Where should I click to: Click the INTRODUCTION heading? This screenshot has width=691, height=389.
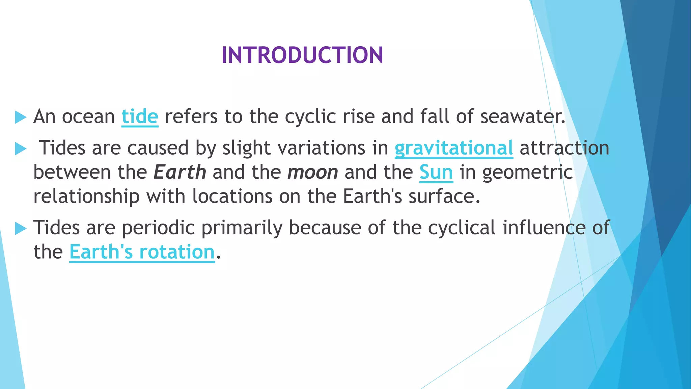(x=302, y=55)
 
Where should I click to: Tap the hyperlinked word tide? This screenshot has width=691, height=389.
(x=140, y=117)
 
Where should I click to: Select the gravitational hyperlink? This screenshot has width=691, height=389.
(x=453, y=148)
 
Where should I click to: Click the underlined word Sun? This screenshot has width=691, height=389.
(x=436, y=172)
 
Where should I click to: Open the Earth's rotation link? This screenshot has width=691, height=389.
(x=142, y=252)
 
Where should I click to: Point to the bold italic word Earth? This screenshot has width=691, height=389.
(x=179, y=172)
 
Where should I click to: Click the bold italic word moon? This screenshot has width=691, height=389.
(x=312, y=172)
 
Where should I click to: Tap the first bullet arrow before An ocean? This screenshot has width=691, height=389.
(x=21, y=118)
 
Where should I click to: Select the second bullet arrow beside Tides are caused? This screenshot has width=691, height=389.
(x=21, y=149)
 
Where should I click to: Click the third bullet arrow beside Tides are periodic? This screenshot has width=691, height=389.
(x=21, y=229)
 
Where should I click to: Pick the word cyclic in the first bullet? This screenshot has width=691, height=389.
(x=310, y=117)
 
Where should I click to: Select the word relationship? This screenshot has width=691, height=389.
(x=86, y=197)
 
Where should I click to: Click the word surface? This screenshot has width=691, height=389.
(x=444, y=197)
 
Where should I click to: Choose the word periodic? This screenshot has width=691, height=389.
(x=158, y=228)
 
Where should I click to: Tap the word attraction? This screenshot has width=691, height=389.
(x=564, y=148)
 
